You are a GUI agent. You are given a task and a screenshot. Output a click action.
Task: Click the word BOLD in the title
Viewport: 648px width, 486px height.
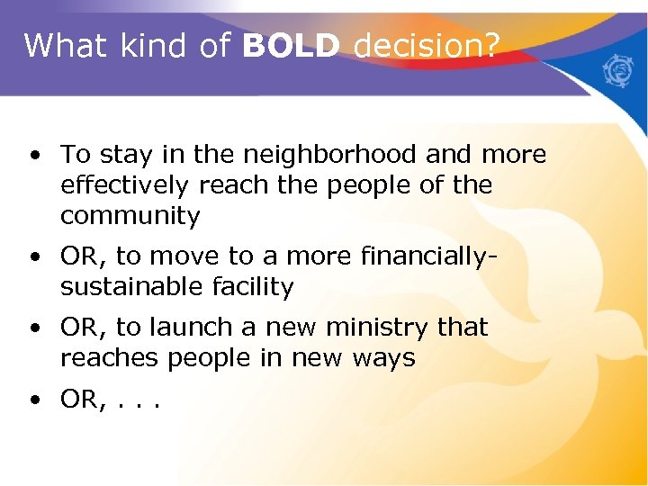[x=291, y=45]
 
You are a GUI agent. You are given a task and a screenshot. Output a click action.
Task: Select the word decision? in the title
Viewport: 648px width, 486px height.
[x=426, y=45]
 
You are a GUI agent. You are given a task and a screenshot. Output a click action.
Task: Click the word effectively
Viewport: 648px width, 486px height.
[x=130, y=185]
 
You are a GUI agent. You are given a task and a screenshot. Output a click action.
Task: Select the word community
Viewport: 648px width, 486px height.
[x=130, y=216]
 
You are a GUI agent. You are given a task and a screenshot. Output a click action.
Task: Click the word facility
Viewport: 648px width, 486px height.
[x=251, y=287]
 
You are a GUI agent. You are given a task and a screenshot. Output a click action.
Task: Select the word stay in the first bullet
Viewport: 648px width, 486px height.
[x=121, y=155]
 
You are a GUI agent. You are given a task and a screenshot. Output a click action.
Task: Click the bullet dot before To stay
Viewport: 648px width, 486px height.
[x=34, y=156]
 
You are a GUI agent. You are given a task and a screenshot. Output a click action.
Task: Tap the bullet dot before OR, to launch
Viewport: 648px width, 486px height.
[x=34, y=328]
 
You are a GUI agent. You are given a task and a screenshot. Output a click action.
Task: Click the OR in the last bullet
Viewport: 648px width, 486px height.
[x=79, y=399]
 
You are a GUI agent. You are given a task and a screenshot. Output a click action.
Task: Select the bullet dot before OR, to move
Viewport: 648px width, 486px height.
[x=34, y=257]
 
